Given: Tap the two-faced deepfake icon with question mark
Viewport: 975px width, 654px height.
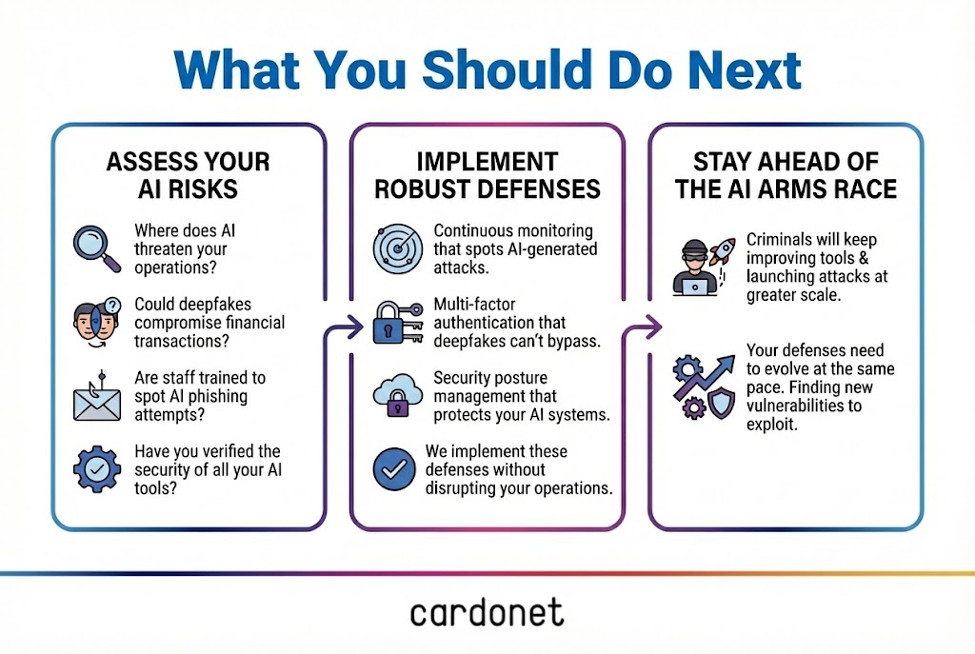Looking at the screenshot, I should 97,322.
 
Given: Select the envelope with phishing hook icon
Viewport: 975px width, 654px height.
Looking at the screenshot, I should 97,397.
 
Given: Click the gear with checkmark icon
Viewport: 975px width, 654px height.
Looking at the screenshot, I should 97,469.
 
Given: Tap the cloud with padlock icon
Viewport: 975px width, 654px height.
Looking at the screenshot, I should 394,397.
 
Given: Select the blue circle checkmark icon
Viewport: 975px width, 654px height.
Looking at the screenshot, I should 394,469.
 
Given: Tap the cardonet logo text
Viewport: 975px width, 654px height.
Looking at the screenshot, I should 487,612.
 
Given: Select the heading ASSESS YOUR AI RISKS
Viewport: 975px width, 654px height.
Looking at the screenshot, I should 188,175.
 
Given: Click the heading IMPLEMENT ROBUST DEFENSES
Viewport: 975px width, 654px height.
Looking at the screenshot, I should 487,175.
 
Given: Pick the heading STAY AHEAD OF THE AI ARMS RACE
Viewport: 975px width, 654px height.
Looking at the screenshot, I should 786,175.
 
